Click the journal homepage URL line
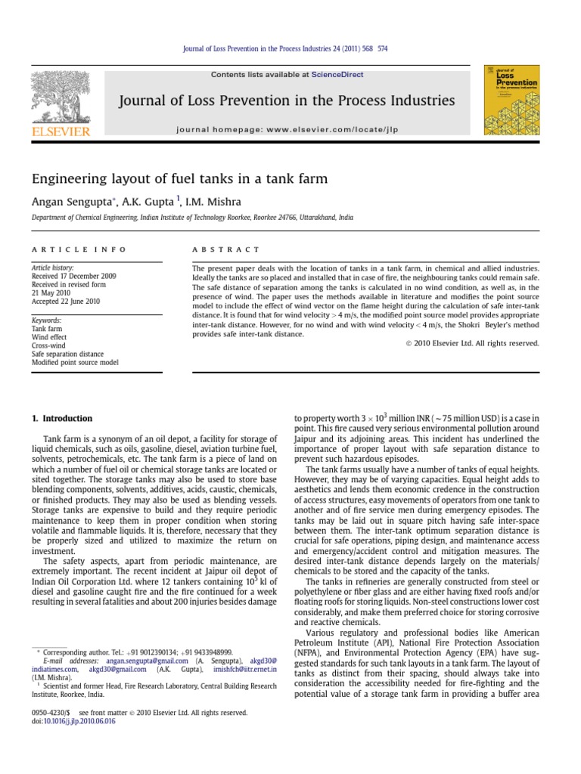pyautogui.click(x=287, y=129)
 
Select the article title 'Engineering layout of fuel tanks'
pyautogui.click(x=179, y=179)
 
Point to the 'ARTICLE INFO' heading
pyautogui.click(x=79, y=249)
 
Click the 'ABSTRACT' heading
pyautogui.click(x=225, y=249)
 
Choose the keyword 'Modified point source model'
pyautogui.click(x=74, y=362)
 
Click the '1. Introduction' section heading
pyautogui.click(x=62, y=418)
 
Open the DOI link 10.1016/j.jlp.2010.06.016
pyautogui.click(x=79, y=721)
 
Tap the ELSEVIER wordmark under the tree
pyautogui.click(x=60, y=132)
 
